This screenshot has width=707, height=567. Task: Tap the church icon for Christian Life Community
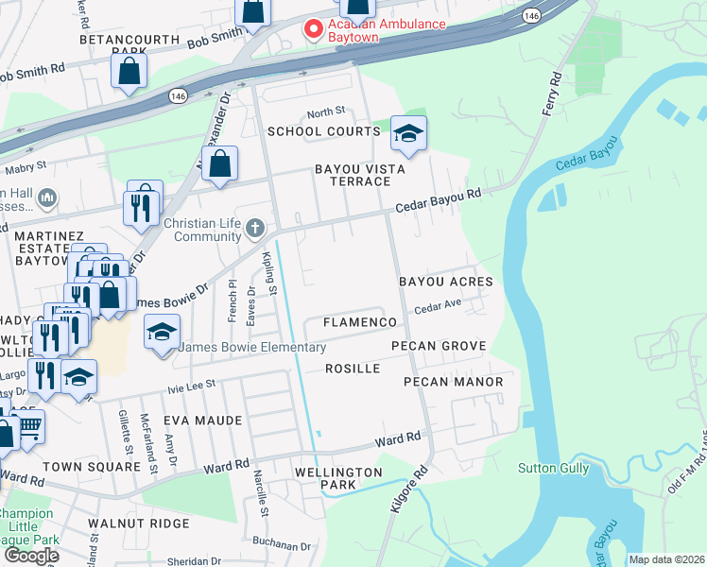(x=254, y=228)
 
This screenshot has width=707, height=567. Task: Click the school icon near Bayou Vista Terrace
(x=408, y=134)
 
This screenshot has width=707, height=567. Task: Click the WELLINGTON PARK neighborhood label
(x=337, y=478)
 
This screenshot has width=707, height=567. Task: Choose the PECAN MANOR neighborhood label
(x=447, y=381)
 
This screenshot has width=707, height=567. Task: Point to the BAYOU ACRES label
(x=445, y=282)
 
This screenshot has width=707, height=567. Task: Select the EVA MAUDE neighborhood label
(x=202, y=420)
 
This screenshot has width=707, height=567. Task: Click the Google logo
(x=31, y=556)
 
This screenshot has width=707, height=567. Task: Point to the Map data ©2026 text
(x=666, y=559)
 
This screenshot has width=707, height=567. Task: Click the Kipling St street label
(x=267, y=274)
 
